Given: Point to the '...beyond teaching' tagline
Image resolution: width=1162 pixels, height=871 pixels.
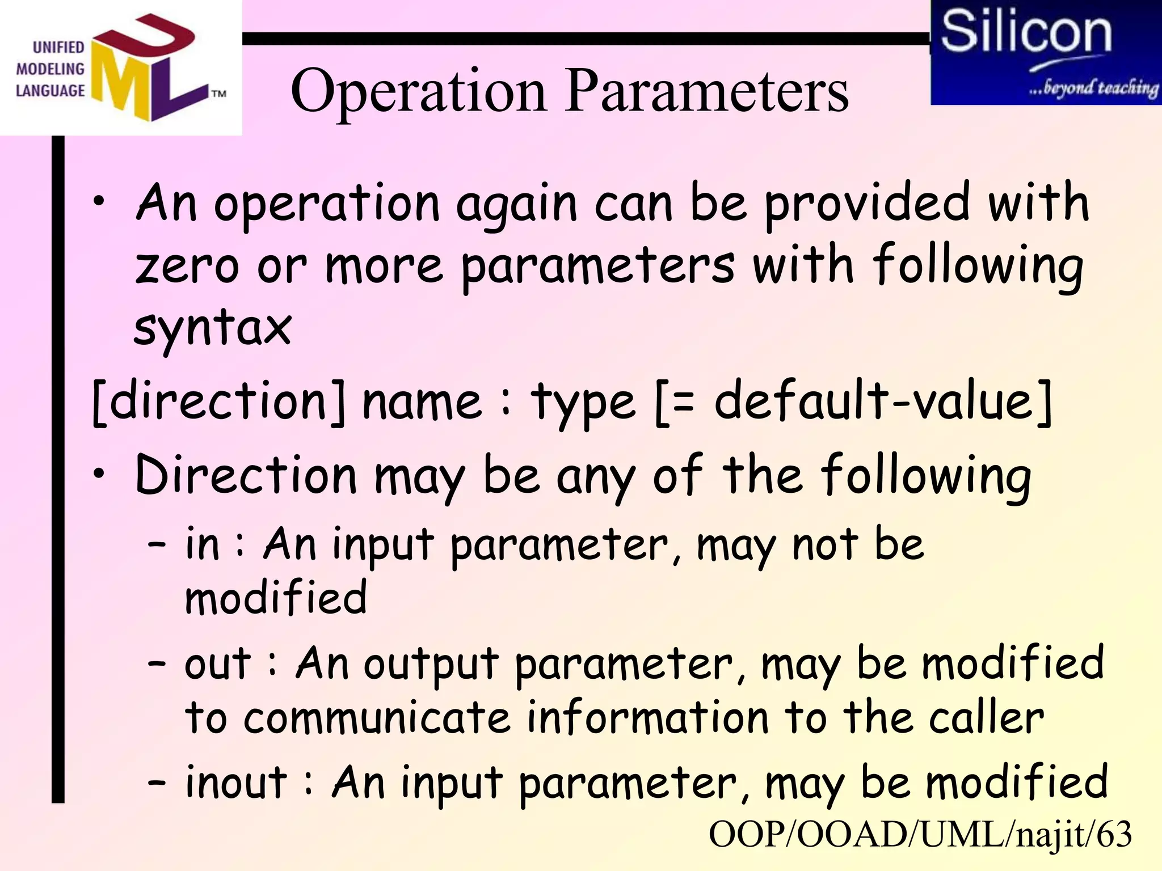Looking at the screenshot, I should point(1093,88).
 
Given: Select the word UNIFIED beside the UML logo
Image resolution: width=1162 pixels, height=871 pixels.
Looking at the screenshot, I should point(58,48).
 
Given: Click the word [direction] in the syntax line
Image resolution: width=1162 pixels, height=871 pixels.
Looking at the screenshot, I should point(219,402).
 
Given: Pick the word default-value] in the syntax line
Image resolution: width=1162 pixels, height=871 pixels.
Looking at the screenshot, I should point(883,402).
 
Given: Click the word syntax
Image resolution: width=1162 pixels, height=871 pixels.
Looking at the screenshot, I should point(213,328).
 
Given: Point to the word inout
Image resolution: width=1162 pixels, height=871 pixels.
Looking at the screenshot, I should point(237,783).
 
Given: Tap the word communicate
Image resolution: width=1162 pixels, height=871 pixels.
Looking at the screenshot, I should point(377,718).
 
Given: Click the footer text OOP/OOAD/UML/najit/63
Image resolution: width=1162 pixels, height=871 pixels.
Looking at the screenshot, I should point(920,834).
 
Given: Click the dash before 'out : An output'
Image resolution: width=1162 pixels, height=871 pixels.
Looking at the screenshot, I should point(157,663).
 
